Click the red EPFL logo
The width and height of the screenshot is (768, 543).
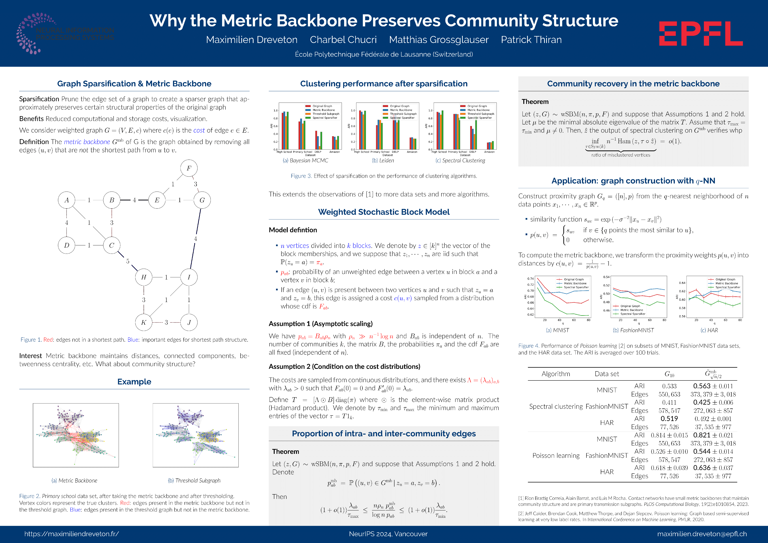(x=701, y=33)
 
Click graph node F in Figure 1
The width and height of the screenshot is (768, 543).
(x=189, y=168)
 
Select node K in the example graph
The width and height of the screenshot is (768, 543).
(x=144, y=322)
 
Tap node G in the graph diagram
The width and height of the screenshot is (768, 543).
(x=202, y=200)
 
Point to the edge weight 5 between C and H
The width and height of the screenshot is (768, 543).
(x=128, y=261)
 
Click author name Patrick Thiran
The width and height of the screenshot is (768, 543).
(x=531, y=40)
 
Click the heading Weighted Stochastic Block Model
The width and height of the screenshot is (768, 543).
(x=384, y=212)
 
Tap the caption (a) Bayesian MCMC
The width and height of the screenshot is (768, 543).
(x=305, y=160)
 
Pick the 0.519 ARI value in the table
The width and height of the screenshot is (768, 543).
(x=669, y=419)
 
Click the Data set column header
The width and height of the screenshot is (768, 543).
(x=607, y=374)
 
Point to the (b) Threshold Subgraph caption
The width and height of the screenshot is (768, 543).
(x=194, y=480)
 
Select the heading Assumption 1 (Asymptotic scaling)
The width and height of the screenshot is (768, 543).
(x=321, y=324)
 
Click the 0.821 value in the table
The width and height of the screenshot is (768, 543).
(x=701, y=435)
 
